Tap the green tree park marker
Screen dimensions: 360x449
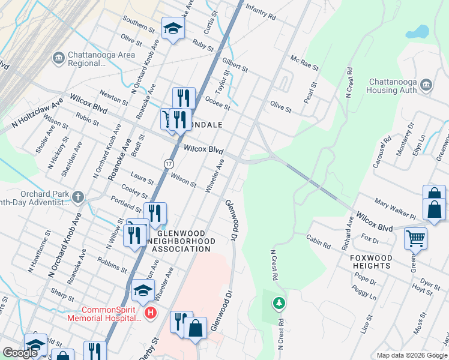tap(278, 304)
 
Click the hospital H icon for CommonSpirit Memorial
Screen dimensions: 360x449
tap(151, 313)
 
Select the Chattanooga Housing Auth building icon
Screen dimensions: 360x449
tap(427, 85)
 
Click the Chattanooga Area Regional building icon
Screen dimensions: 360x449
tap(59, 58)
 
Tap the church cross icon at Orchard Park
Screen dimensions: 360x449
tap(78, 197)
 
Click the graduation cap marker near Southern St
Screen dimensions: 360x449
tap(173, 28)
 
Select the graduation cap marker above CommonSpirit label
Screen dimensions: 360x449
tap(143, 290)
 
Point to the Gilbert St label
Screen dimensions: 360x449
tap(235, 65)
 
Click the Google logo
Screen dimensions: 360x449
tap(20, 353)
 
